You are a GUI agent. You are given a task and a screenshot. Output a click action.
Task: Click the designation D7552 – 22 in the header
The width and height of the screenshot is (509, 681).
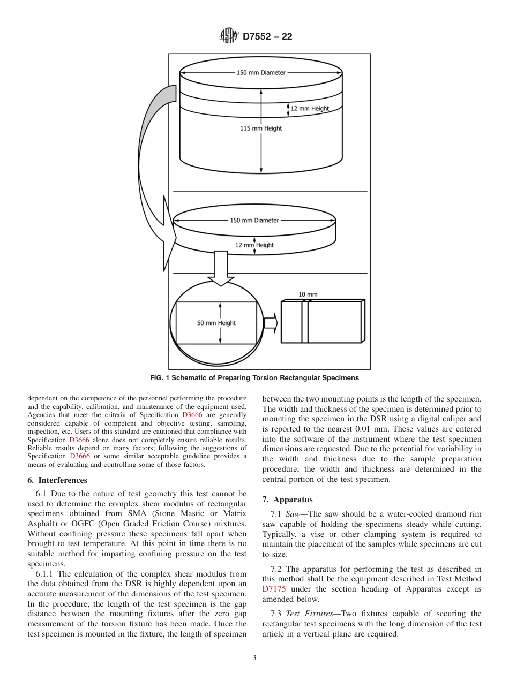pos(267,37)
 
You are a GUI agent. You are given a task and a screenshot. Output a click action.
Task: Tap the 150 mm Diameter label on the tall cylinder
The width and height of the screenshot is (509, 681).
pos(261,73)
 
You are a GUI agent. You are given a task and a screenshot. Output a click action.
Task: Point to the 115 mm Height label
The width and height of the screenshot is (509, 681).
pos(261,128)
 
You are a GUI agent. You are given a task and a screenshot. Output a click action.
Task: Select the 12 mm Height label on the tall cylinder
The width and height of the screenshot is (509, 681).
pos(310,109)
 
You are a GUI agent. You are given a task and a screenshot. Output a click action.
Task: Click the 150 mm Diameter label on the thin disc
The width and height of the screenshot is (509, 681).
pos(254,220)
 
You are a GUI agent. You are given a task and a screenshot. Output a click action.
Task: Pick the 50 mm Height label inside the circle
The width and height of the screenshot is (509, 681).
pos(216,323)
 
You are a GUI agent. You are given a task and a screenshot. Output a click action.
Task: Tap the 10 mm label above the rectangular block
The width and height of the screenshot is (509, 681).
pos(308,294)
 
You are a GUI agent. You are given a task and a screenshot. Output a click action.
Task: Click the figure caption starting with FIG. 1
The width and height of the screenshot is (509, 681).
pos(254,378)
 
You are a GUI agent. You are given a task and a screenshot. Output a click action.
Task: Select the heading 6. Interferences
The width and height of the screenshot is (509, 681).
pos(57,480)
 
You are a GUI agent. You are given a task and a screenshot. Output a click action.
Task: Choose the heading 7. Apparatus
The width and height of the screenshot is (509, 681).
pos(287,500)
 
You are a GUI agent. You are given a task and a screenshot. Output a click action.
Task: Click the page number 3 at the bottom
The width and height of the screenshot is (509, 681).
pos(254,658)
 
